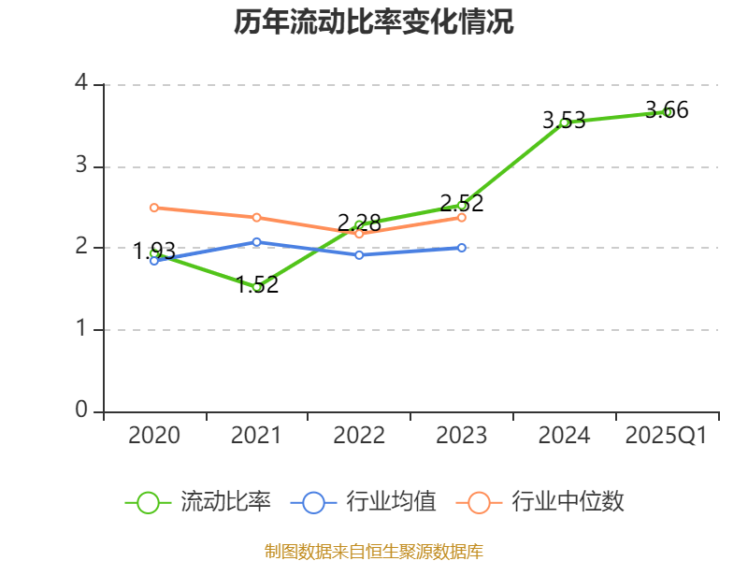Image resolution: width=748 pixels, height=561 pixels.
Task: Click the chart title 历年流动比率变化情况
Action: click(374, 22)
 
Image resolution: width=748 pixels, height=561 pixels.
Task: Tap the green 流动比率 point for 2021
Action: click(257, 287)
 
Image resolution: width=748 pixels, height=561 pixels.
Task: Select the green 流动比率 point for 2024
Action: click(564, 122)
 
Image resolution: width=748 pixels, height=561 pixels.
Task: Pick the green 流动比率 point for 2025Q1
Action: click(667, 111)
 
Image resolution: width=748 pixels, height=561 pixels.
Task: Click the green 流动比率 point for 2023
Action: click(462, 205)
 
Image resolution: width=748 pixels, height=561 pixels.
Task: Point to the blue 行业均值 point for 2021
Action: click(257, 241)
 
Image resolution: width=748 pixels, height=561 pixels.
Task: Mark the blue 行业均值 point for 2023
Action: click(462, 248)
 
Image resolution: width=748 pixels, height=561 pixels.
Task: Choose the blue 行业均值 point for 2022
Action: click(359, 254)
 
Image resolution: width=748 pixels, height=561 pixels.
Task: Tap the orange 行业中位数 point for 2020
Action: click(154, 208)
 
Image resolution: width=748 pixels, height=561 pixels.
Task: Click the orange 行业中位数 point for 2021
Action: click(257, 217)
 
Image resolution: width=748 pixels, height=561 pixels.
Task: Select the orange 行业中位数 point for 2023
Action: click(462, 217)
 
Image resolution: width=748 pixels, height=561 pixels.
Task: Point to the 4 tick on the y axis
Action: click(81, 84)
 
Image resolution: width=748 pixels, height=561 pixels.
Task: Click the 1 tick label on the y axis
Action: click(81, 329)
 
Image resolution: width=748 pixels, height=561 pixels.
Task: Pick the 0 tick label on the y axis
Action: click(81, 410)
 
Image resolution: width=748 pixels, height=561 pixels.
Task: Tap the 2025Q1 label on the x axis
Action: click(667, 436)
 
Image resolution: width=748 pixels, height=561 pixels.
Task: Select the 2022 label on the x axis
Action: click(359, 436)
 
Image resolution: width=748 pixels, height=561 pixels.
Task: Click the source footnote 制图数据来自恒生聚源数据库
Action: click(374, 551)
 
